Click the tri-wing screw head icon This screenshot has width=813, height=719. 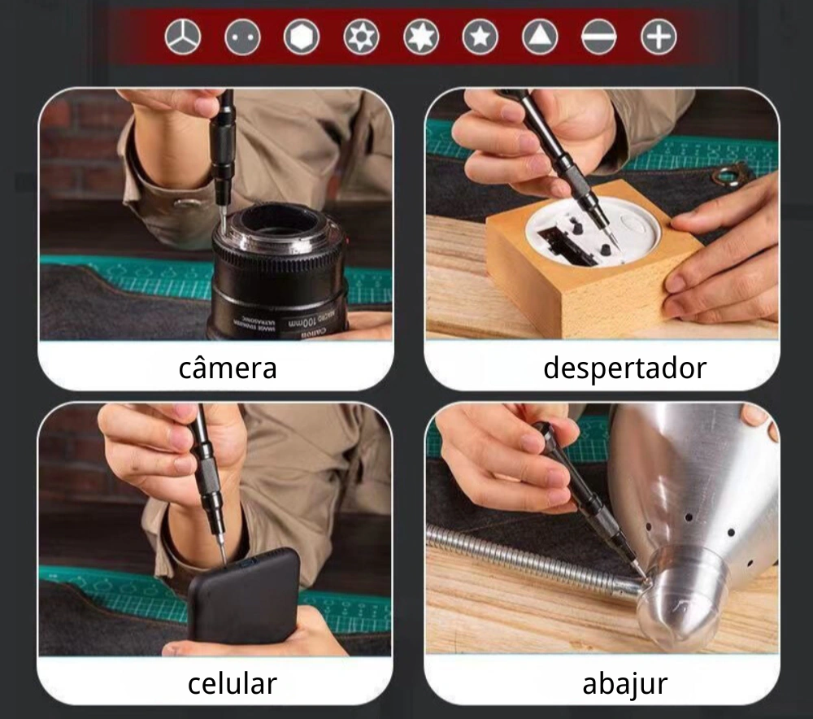tap(182, 37)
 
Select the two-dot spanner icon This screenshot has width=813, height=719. tap(242, 37)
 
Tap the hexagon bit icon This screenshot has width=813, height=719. tap(302, 37)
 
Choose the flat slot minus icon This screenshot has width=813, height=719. tap(599, 37)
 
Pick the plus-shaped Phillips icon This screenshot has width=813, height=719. tap(659, 37)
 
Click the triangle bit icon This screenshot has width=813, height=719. tap(540, 37)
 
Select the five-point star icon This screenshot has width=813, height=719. tap(480, 37)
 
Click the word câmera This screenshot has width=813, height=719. tap(228, 368)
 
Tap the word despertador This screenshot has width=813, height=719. tap(624, 368)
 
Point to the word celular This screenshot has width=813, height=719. tap(232, 683)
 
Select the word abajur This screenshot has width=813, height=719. tap(624, 684)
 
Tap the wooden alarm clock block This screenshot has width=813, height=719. tap(591, 259)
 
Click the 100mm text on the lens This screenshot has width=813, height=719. tap(302, 323)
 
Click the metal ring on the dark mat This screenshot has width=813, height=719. tap(728, 176)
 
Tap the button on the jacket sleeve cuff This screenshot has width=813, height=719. tap(186, 204)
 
